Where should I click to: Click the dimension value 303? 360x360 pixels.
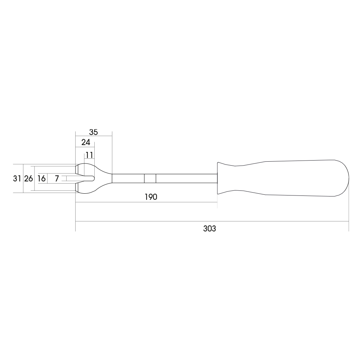click(x=210, y=229)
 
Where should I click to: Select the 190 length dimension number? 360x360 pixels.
click(x=151, y=197)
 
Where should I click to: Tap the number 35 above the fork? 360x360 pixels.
click(x=94, y=132)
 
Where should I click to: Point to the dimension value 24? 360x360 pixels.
click(x=86, y=142)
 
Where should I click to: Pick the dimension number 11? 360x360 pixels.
click(x=90, y=155)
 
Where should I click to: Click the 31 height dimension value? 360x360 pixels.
click(x=17, y=179)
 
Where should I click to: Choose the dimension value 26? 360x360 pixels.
click(x=28, y=179)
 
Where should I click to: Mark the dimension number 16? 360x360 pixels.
click(x=41, y=179)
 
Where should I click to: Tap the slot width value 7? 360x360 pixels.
click(x=57, y=179)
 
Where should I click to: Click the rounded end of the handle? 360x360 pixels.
click(x=349, y=178)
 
